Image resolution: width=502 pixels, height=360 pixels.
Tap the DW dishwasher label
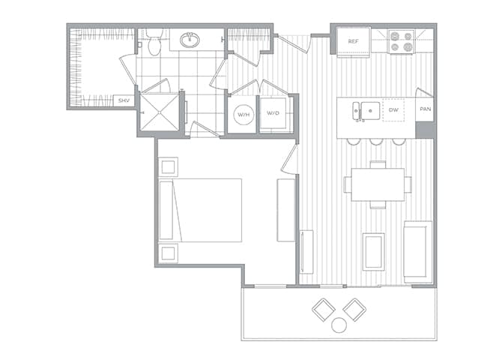(x=394, y=109)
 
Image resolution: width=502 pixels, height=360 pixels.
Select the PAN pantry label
(x=425, y=109)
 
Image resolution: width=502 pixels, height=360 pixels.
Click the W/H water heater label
(x=243, y=115)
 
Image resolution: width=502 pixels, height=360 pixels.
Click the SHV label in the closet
(x=122, y=100)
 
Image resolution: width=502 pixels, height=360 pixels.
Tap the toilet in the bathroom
(x=154, y=44)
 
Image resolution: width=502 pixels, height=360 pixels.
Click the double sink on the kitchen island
(x=365, y=109)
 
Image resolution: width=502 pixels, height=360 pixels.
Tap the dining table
(x=378, y=184)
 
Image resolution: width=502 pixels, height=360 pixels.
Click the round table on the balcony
(x=339, y=325)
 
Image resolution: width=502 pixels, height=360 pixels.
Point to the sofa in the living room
(x=417, y=251)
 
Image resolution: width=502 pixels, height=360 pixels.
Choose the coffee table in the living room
(x=373, y=251)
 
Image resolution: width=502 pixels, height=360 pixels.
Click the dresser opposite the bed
(x=285, y=210)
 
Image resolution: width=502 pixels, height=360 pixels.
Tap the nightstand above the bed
(x=169, y=166)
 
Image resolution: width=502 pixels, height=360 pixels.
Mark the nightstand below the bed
(x=169, y=253)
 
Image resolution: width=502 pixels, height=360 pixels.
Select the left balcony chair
(x=324, y=308)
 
